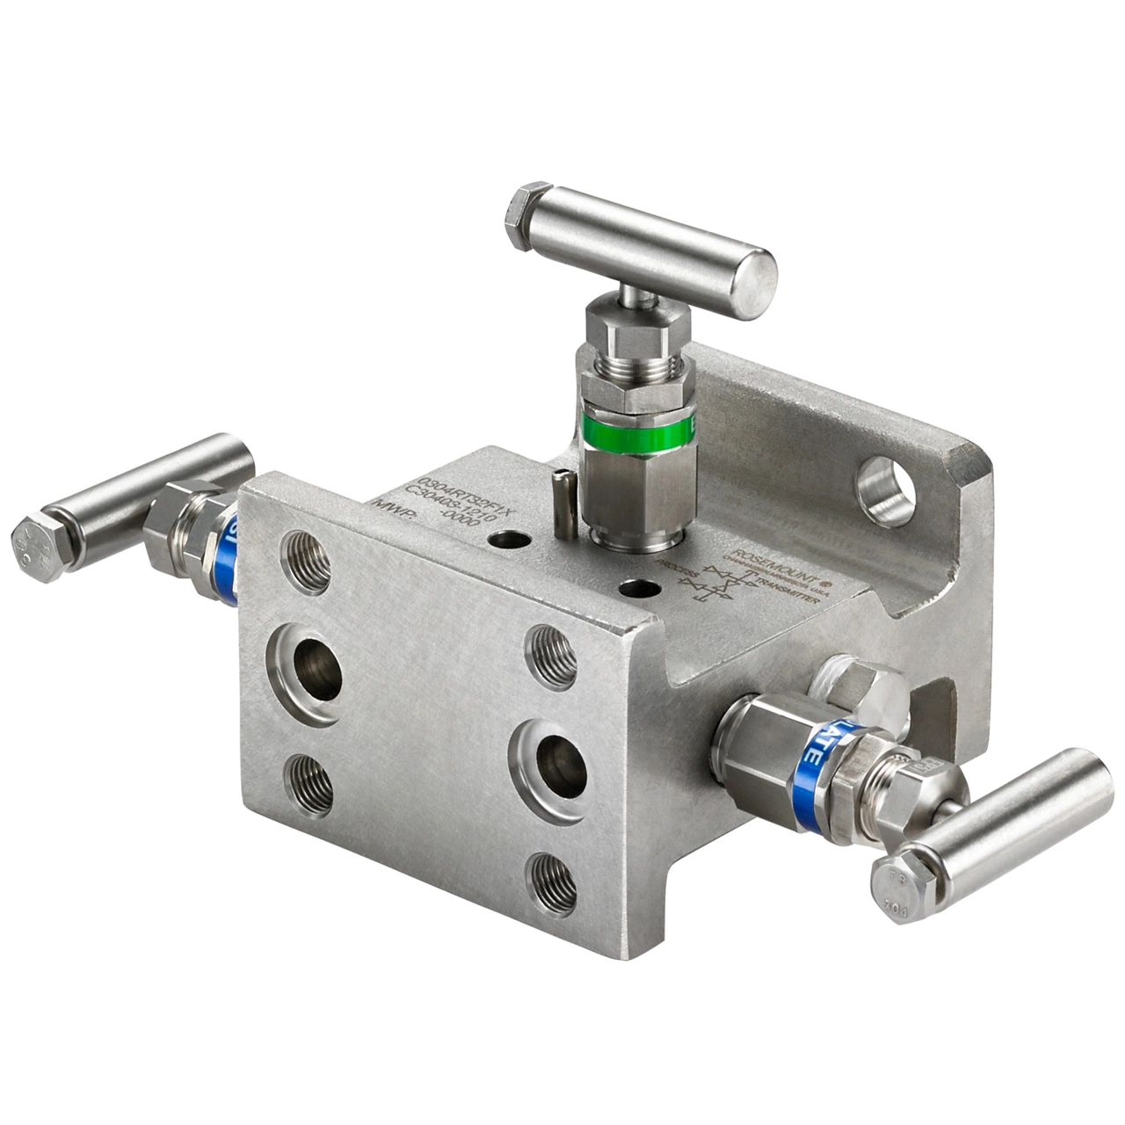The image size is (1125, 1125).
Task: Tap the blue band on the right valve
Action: (809, 777)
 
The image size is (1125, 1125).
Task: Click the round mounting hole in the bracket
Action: (885, 491)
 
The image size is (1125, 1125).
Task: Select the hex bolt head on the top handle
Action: (527, 215)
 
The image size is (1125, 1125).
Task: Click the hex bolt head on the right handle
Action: (900, 885)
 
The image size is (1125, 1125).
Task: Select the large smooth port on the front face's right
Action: (560, 766)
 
